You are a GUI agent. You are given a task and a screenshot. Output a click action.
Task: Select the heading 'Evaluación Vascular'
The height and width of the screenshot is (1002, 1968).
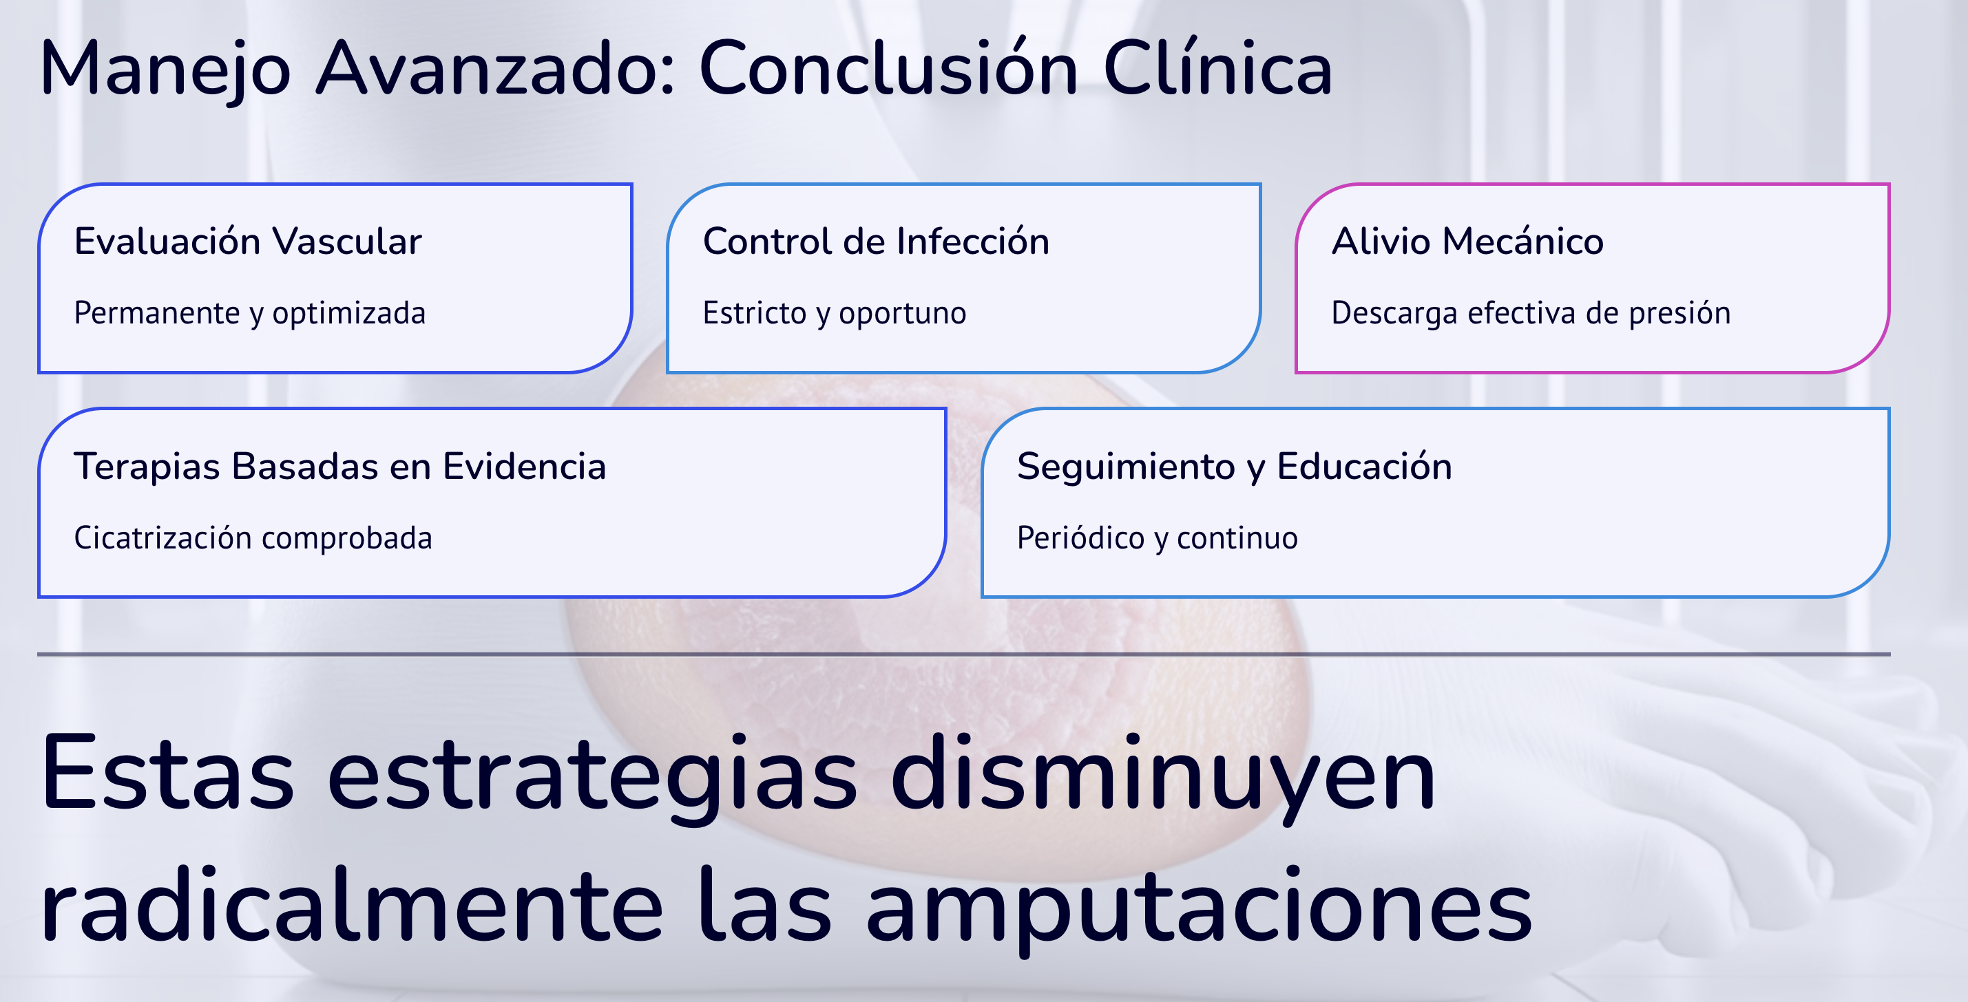point(247,242)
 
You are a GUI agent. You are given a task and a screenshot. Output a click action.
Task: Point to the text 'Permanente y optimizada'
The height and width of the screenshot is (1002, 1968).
point(250,314)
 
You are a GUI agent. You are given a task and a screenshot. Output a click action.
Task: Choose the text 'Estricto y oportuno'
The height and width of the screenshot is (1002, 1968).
point(835,314)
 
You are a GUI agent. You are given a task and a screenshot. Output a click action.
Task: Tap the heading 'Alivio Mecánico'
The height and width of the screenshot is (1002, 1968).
point(1467,242)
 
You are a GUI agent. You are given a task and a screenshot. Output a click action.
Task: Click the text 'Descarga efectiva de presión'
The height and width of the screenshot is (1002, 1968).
point(1531,314)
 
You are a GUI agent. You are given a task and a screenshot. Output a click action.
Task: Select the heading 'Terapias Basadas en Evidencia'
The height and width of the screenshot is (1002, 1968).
point(340,467)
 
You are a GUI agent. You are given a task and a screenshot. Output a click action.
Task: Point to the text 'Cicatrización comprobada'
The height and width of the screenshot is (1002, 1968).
point(253,538)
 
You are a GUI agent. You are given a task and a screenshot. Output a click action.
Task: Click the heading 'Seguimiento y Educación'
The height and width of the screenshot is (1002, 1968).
point(1234,467)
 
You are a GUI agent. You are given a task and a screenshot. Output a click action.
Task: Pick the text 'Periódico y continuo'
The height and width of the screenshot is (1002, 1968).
point(1157,538)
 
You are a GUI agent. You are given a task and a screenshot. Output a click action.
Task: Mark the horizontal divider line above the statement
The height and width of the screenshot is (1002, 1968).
point(963,654)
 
